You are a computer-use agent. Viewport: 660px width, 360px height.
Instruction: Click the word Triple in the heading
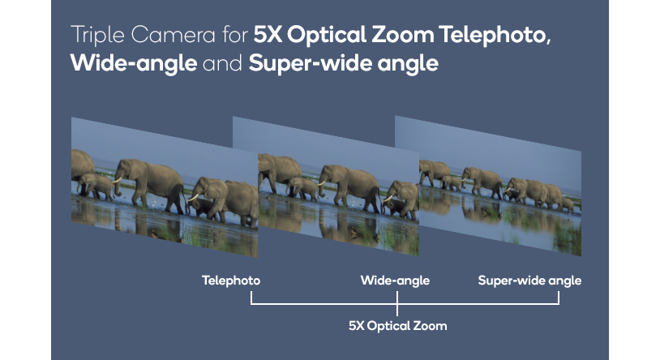coord(96,36)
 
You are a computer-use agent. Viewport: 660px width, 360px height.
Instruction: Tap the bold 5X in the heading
coord(268,36)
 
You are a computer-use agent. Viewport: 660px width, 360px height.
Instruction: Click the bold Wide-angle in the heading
coord(134,63)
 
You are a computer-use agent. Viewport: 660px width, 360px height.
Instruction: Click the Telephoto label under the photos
coord(231,281)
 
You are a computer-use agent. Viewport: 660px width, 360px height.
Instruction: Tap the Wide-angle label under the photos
coord(395,281)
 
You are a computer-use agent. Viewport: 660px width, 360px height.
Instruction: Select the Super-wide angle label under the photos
coord(529,281)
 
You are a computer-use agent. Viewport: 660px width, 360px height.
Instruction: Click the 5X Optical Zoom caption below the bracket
coord(397,326)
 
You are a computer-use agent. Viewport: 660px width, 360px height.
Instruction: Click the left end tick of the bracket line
coord(252,298)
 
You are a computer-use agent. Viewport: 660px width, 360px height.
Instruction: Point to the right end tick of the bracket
coord(559,298)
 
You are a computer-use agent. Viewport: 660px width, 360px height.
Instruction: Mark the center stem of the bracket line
coord(397,308)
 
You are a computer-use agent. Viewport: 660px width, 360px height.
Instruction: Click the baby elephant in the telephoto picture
coord(100,187)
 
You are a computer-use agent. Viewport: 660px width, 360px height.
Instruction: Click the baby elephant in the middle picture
coord(304,189)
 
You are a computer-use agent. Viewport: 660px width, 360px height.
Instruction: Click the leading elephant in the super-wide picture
coord(435,173)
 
